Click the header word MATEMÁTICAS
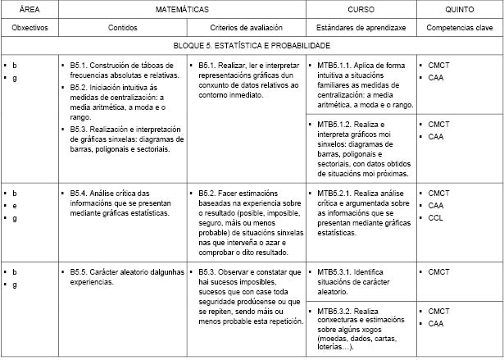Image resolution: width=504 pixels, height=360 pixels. [x=183, y=9]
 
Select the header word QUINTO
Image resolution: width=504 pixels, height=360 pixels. [x=459, y=9]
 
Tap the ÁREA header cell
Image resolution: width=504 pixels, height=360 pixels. [x=29, y=9]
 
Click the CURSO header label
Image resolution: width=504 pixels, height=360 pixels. [x=361, y=9]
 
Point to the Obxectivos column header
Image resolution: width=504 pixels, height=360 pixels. [x=29, y=27]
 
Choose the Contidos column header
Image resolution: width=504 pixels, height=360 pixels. [x=122, y=27]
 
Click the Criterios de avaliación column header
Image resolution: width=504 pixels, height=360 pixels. [x=247, y=27]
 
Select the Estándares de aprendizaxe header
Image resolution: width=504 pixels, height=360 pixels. [x=361, y=27]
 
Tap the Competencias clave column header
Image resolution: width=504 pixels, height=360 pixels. [x=459, y=27]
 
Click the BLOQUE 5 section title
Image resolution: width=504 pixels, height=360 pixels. [x=252, y=46]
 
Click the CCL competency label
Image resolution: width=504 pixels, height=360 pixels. [x=436, y=218]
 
